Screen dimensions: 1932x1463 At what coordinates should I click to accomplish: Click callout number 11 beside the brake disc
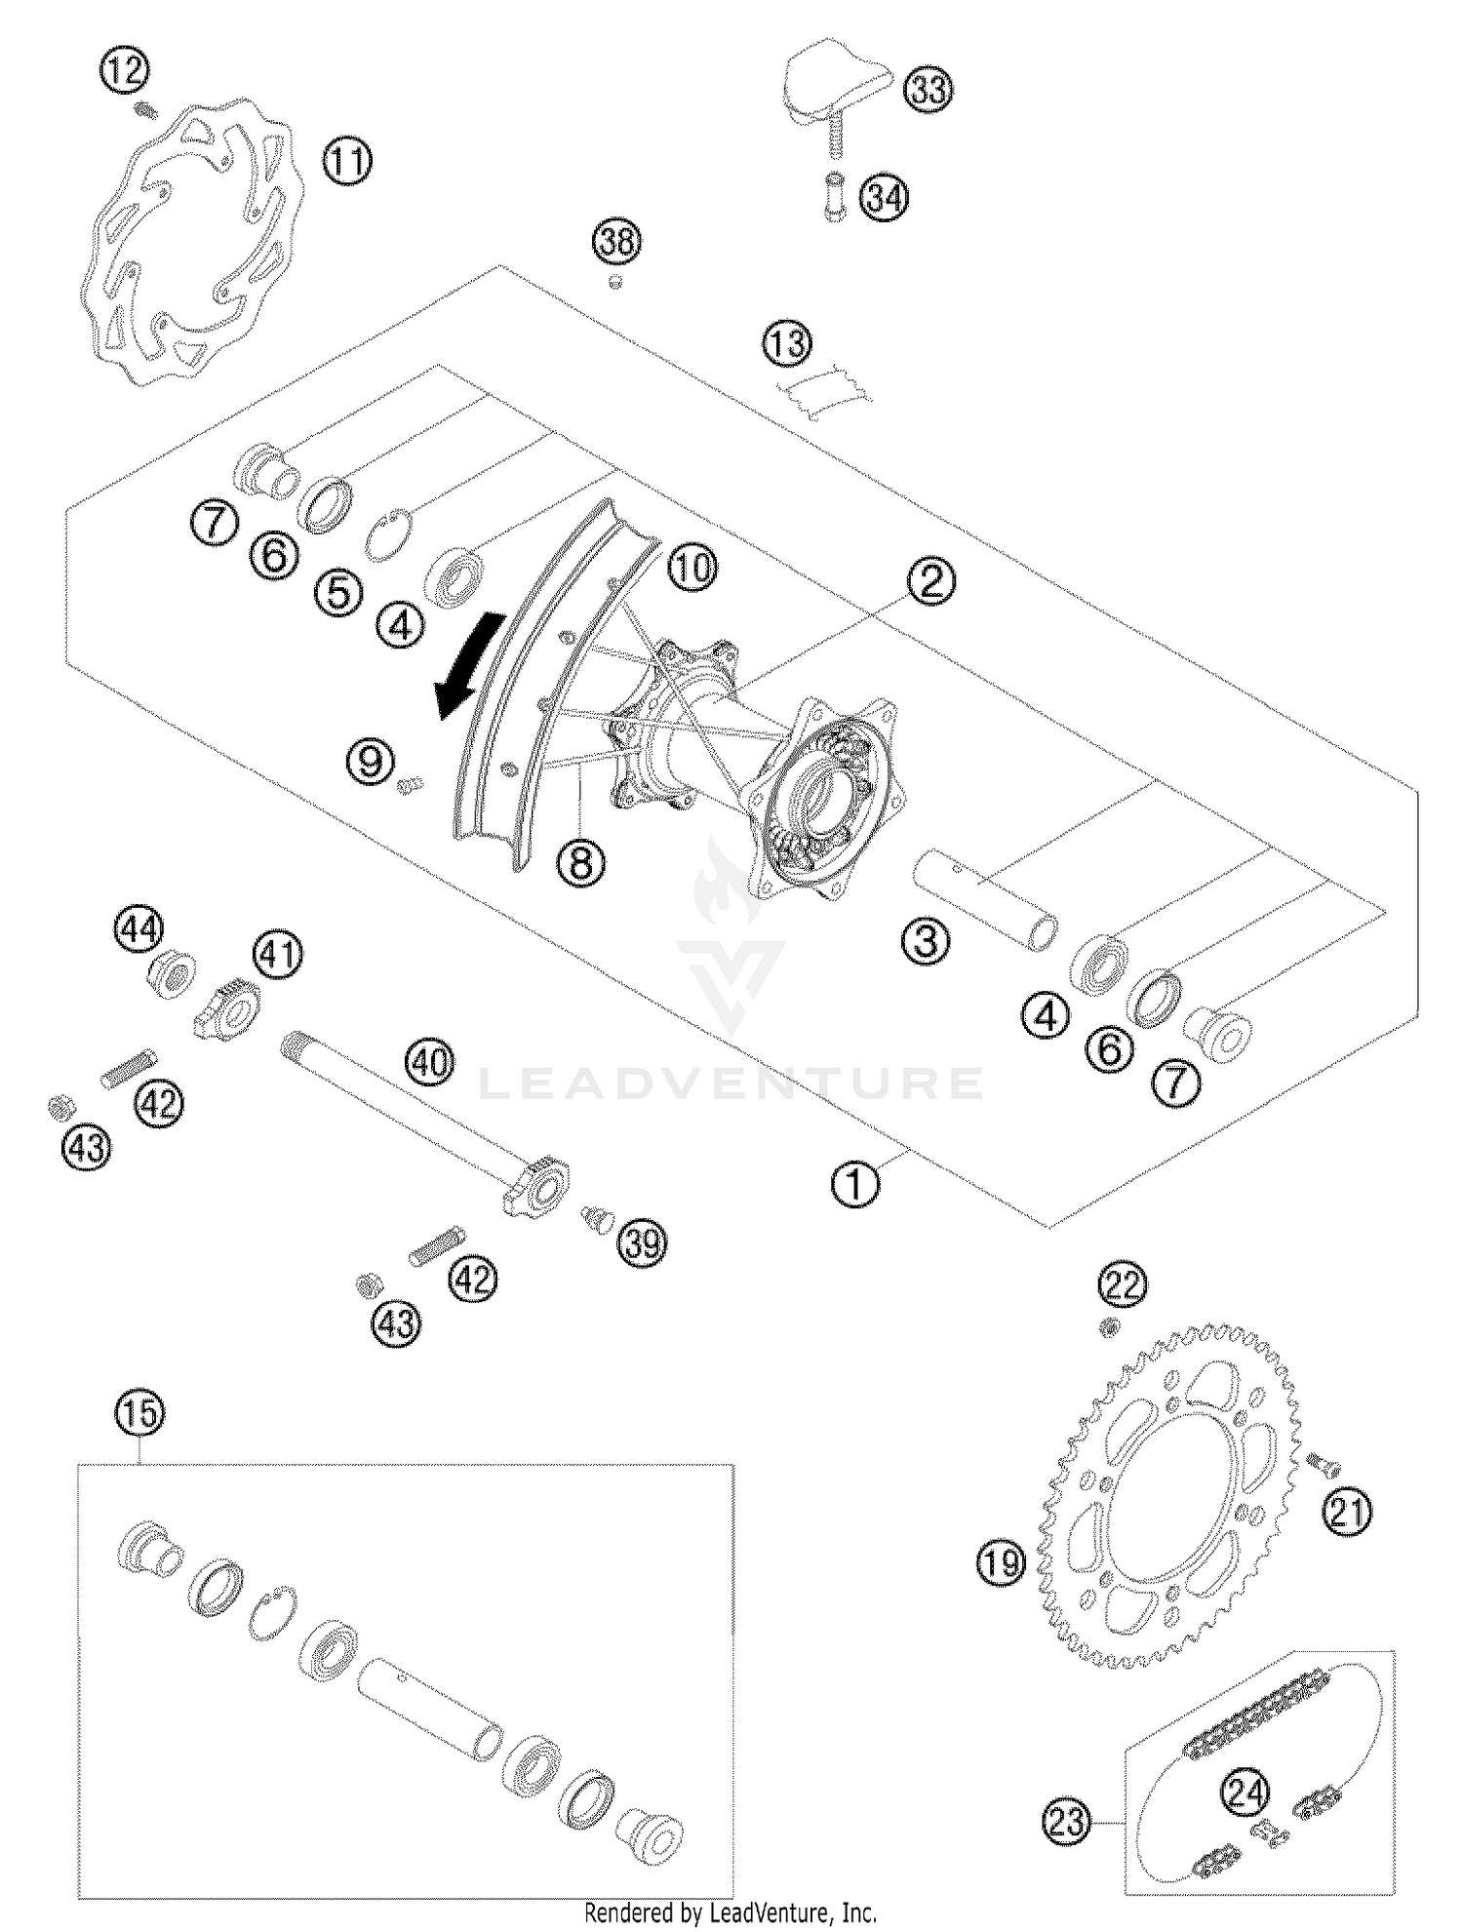pyautogui.click(x=348, y=162)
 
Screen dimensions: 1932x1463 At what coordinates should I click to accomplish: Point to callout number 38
pyautogui.click(x=616, y=240)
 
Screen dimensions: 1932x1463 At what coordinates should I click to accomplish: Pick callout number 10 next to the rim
pyautogui.click(x=692, y=567)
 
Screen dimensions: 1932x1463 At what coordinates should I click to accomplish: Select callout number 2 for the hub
pyautogui.click(x=930, y=582)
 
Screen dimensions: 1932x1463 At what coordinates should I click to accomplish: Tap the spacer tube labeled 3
pyautogui.click(x=985, y=897)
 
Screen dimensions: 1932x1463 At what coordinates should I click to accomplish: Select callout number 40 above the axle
pyautogui.click(x=430, y=1061)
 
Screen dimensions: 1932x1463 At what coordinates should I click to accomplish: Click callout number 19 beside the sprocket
pyautogui.click(x=1001, y=1563)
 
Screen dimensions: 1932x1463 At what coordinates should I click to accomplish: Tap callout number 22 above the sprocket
pyautogui.click(x=1123, y=1285)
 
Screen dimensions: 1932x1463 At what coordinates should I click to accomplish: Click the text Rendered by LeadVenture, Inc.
pyautogui.click(x=730, y=1912)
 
